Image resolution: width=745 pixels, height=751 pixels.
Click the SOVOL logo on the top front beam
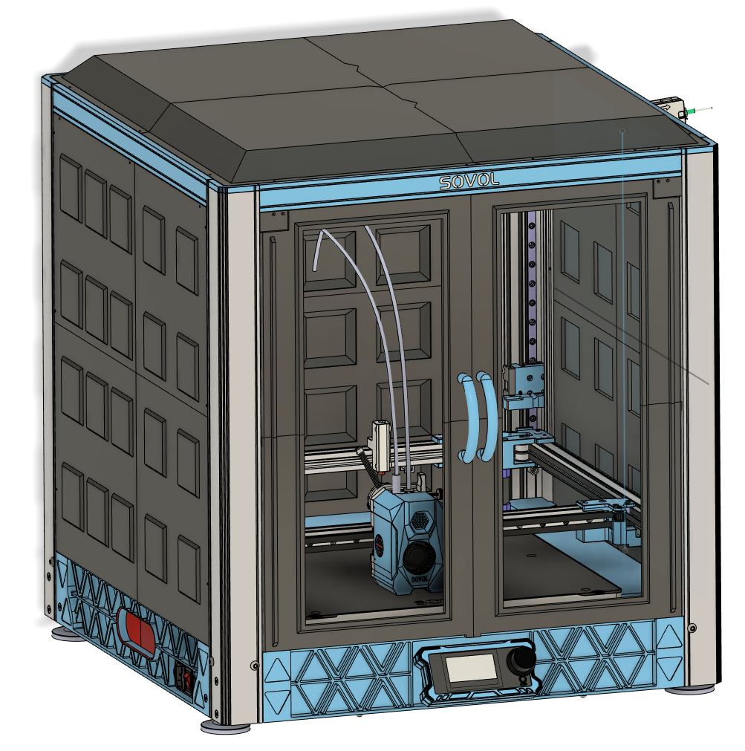tap(469, 181)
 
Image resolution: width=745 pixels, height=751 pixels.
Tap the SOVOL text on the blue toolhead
tap(420, 579)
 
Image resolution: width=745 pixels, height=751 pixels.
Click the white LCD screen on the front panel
tap(471, 668)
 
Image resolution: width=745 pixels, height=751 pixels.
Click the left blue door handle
tap(465, 417)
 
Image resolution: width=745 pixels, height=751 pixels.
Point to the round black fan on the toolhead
tap(419, 556)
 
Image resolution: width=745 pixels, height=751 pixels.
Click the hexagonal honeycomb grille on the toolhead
tap(420, 518)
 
